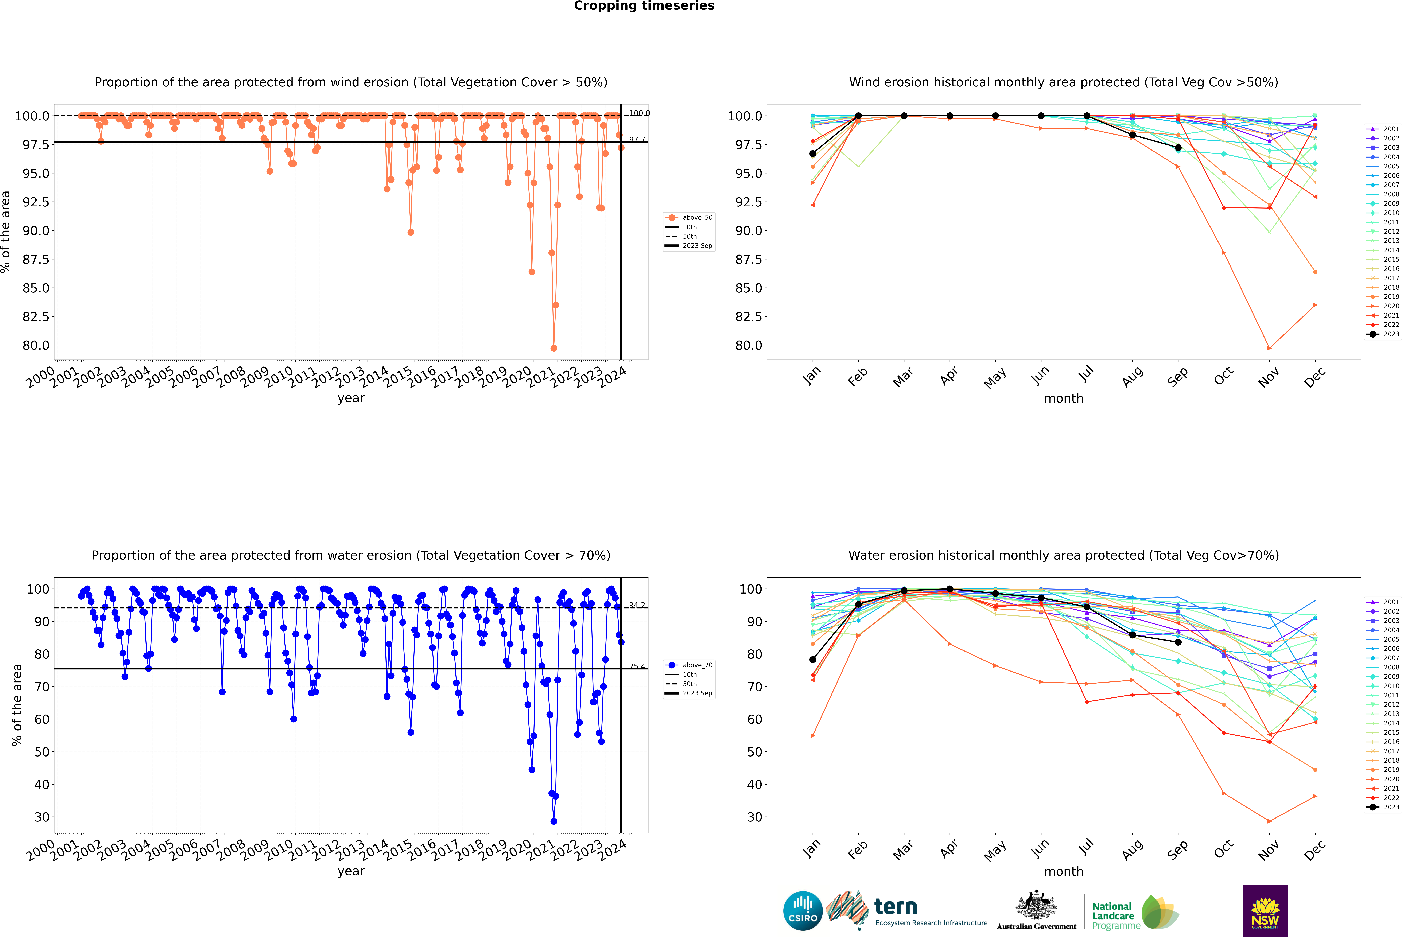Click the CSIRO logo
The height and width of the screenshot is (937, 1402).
click(x=803, y=911)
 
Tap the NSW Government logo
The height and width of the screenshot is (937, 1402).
click(x=1265, y=911)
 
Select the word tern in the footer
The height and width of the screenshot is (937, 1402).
click(x=895, y=907)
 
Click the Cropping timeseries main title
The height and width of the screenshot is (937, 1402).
click(x=644, y=6)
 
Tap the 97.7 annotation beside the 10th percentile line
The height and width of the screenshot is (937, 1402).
click(x=637, y=140)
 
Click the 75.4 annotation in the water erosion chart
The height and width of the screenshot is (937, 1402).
click(x=637, y=666)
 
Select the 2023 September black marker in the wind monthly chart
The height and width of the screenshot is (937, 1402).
click(x=1178, y=148)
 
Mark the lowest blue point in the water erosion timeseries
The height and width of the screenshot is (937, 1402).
click(x=553, y=821)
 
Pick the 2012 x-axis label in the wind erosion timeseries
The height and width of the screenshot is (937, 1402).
click(x=326, y=378)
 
